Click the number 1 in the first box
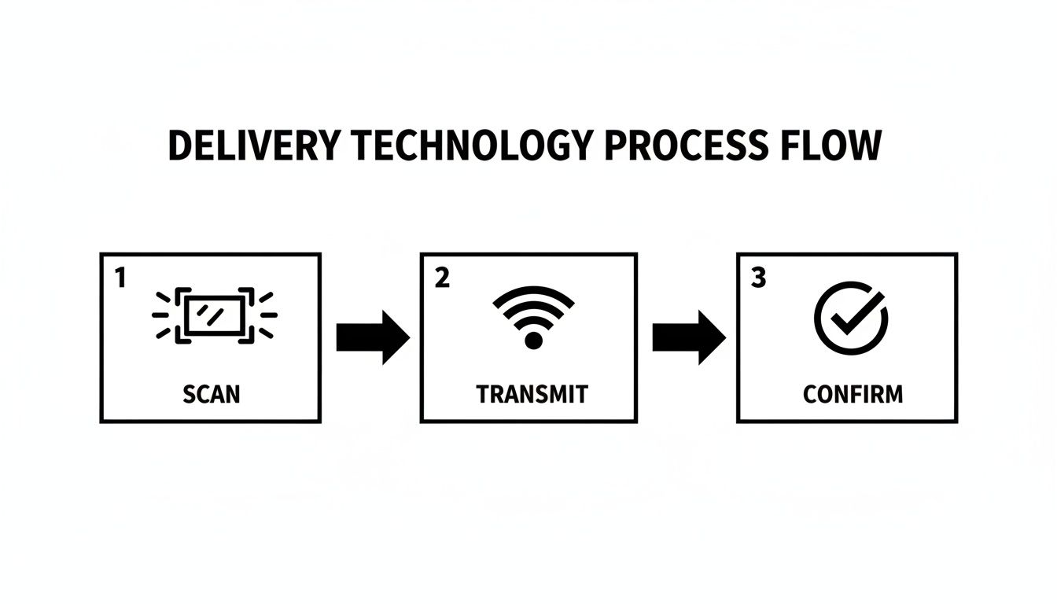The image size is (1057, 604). [x=120, y=278]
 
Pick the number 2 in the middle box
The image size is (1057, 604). [x=442, y=278]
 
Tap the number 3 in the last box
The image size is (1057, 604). [x=758, y=278]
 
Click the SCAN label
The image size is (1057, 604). [x=211, y=393]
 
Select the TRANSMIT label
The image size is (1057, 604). [x=532, y=393]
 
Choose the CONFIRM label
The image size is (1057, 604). [x=853, y=393]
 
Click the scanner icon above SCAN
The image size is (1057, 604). [x=214, y=315]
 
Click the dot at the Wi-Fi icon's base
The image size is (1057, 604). [x=533, y=341]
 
